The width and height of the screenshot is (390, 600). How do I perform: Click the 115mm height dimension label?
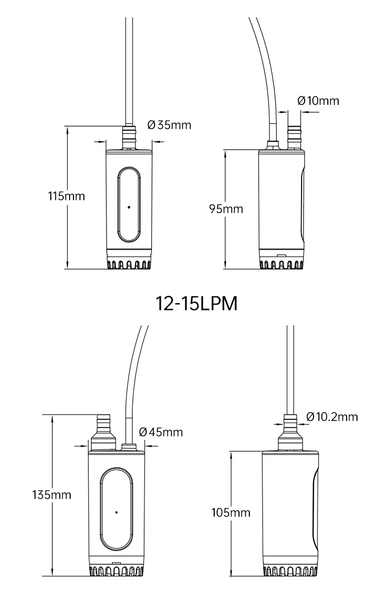[67, 196]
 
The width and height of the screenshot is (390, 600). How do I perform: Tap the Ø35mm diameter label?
[169, 125]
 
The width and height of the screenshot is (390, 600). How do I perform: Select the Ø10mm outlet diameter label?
[318, 101]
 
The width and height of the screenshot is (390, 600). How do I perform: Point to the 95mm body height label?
[226, 209]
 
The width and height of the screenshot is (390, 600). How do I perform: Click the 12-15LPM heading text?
[196, 304]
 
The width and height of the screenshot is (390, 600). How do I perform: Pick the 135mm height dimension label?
[52, 495]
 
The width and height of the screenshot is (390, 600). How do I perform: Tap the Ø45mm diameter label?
[161, 432]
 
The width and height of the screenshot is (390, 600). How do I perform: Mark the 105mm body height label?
[231, 513]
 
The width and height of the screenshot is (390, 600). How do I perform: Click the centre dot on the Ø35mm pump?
[129, 207]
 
